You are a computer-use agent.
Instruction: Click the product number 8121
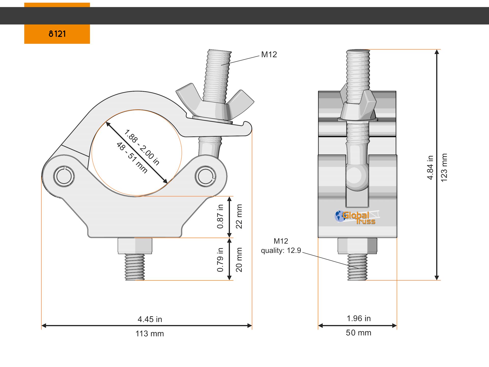(57, 34)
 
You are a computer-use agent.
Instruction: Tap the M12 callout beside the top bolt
(269, 55)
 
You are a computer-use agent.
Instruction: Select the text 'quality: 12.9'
(281, 251)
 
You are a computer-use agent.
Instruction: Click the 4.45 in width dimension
(150, 319)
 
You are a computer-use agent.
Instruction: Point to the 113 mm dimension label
(150, 334)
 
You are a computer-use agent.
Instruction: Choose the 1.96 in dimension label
(359, 319)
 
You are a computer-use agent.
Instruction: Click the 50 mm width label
(359, 333)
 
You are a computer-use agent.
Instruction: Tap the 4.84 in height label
(430, 167)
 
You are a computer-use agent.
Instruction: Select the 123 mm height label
(444, 167)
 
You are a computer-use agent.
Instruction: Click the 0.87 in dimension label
(220, 216)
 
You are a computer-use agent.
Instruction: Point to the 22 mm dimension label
(239, 216)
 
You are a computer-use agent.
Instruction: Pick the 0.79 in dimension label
(220, 260)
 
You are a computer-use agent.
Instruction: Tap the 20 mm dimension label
(239, 260)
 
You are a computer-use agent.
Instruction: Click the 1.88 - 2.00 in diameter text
(142, 147)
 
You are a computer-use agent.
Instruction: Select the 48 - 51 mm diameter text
(132, 158)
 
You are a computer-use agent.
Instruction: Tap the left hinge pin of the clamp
(64, 176)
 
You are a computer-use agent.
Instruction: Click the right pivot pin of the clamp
(205, 176)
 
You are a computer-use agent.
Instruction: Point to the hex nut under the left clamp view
(135, 246)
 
